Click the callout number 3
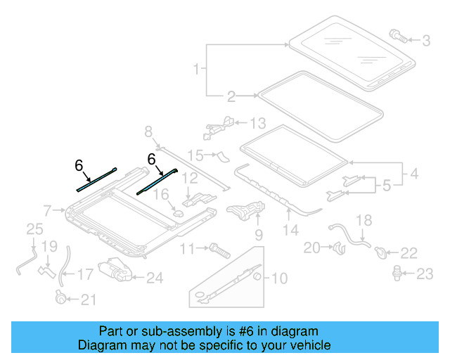426,41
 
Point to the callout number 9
258,233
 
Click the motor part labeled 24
112,270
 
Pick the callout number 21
87,300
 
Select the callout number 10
279,278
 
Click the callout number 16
161,195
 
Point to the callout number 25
34,229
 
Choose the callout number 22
409,252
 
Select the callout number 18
363,220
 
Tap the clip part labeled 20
337,247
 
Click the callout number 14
290,229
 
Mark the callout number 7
47,210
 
